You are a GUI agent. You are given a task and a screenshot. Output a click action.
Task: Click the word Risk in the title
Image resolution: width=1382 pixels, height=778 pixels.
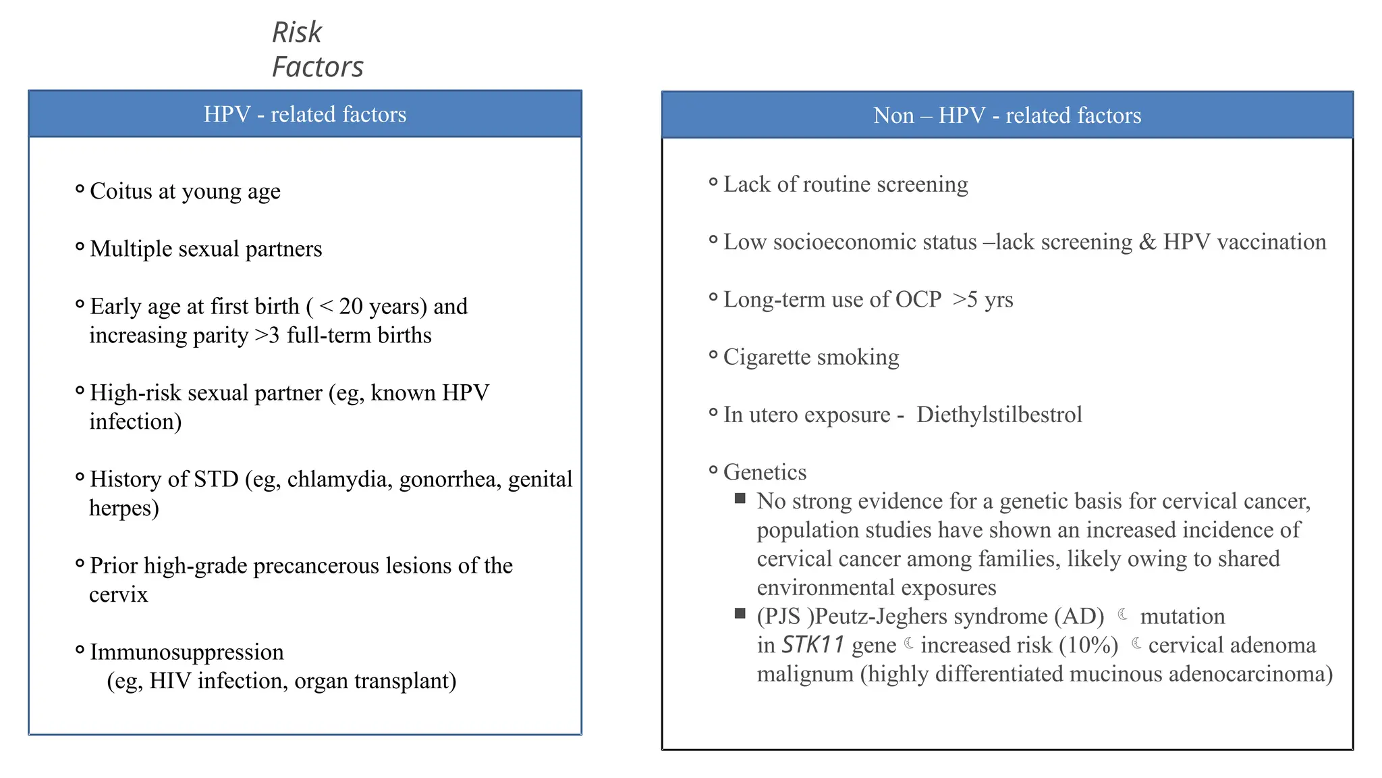[297, 32]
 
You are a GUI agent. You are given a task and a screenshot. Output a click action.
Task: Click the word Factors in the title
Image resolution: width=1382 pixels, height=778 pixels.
[317, 67]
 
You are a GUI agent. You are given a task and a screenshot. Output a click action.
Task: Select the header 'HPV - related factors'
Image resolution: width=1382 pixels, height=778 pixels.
[305, 114]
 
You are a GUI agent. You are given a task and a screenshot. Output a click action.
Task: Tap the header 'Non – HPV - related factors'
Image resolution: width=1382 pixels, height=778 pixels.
[1007, 115]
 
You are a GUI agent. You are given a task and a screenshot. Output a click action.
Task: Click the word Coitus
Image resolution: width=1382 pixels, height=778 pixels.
[121, 192]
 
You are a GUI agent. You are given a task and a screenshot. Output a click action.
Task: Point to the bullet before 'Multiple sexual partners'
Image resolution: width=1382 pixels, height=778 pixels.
[80, 247]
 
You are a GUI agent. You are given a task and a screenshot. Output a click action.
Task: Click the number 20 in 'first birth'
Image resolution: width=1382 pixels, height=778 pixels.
[351, 307]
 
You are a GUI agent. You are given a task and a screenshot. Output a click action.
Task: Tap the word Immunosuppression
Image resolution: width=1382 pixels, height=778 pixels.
[187, 652]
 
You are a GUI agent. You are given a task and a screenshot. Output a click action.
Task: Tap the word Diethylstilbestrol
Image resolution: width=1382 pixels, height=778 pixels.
[999, 415]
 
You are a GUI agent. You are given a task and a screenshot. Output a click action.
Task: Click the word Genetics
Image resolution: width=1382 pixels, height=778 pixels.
[765, 472]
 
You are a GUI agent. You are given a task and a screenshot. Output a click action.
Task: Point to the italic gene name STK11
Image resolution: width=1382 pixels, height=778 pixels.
[812, 646]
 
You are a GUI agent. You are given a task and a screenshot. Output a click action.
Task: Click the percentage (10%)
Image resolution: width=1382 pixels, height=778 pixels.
[1088, 646]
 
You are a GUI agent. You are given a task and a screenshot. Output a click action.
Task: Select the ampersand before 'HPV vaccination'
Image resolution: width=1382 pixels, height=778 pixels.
[1147, 242]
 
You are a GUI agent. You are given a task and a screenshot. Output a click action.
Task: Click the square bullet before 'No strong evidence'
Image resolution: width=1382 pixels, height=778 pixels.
[740, 499]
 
